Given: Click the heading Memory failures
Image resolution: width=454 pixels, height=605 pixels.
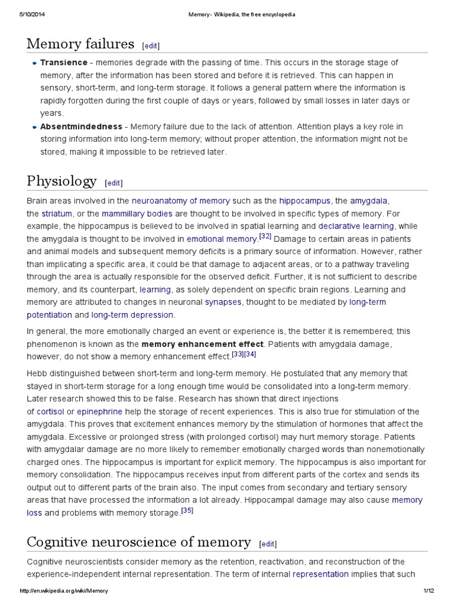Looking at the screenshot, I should (80, 44).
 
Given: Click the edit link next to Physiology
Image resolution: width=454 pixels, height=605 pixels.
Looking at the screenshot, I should (114, 183).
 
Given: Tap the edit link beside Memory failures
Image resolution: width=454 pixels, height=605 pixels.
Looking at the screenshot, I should (151, 45).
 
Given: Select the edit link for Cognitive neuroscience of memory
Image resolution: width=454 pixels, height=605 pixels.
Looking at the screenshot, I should (268, 544).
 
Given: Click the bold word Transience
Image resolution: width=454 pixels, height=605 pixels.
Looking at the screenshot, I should (64, 63).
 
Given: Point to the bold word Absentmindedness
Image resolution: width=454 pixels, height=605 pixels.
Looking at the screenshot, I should (81, 126).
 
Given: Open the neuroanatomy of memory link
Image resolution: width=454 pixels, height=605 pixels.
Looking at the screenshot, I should (180, 201).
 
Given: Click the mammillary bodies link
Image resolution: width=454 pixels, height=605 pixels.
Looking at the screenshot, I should (137, 213).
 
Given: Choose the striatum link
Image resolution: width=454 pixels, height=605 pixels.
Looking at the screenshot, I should (57, 213).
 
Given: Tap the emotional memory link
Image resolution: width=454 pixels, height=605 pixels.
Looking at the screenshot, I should (222, 239).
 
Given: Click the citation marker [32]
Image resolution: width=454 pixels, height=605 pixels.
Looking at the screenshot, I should (265, 237).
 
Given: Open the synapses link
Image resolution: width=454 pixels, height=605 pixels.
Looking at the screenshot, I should (223, 302).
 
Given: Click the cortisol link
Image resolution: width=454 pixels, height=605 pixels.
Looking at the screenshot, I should (50, 411).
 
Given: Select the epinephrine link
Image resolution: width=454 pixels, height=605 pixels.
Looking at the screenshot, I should (100, 411).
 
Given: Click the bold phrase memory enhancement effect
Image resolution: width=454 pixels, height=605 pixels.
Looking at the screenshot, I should (203, 343).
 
